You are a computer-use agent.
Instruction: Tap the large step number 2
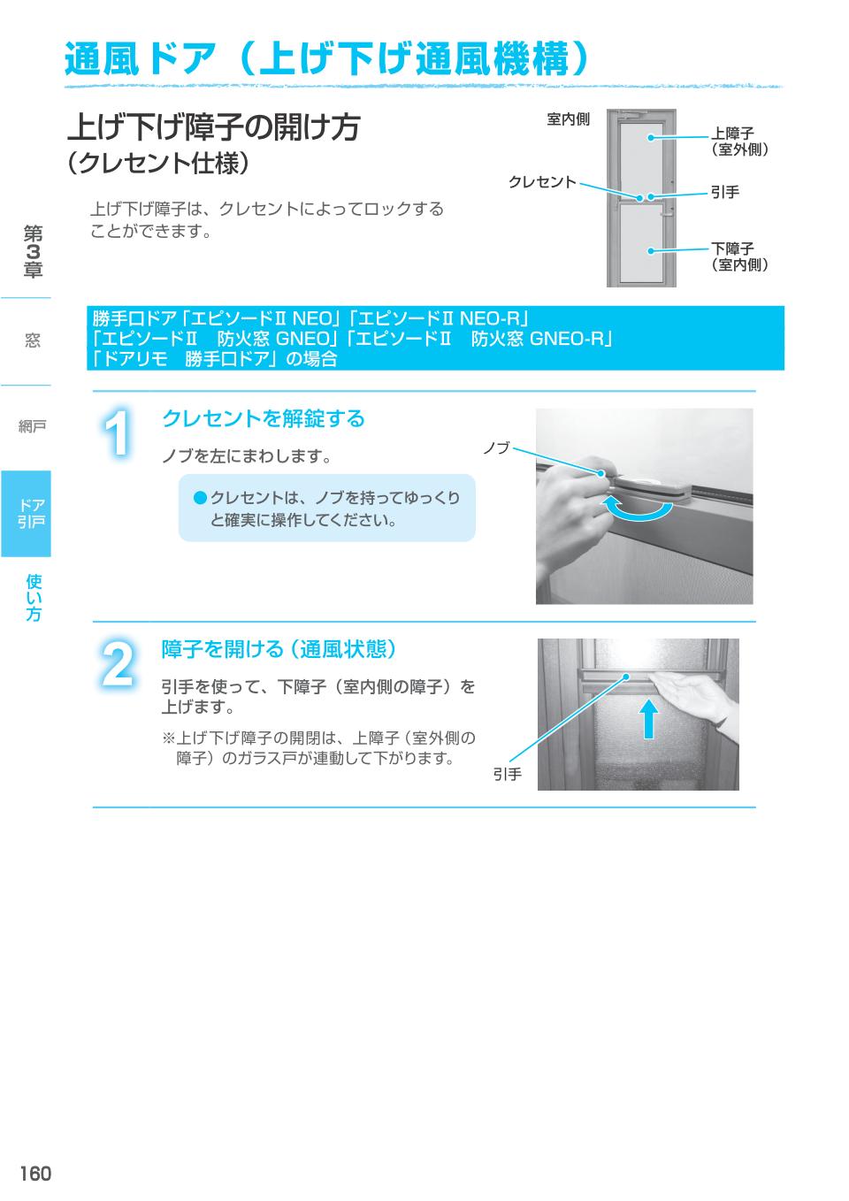click(x=118, y=664)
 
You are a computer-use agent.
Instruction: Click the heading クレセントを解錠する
click(x=263, y=418)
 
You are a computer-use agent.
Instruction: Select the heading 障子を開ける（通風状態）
click(x=279, y=649)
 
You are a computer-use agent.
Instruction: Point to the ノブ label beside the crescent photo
click(x=496, y=448)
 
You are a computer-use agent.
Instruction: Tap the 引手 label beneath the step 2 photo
click(x=508, y=775)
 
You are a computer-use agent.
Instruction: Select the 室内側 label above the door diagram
click(x=568, y=119)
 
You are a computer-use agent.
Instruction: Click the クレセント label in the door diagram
click(x=541, y=182)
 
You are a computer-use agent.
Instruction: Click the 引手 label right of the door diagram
click(x=725, y=192)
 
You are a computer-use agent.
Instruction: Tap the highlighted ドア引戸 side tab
click(x=27, y=514)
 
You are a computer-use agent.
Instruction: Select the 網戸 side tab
click(x=33, y=427)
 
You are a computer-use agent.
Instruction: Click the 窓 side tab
click(x=33, y=340)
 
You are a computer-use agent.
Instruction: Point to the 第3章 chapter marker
click(x=33, y=252)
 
